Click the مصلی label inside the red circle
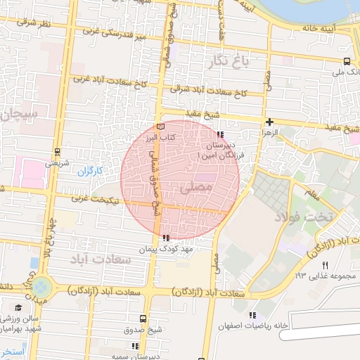195,188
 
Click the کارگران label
90,170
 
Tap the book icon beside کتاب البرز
161,125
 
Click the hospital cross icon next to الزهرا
270,122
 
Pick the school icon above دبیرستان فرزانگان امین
220,134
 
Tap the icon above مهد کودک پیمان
165,238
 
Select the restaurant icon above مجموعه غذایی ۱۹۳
325,265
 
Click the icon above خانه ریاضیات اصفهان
252,314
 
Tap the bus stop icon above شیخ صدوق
143,319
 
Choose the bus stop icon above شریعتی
56,151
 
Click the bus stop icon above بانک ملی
347,60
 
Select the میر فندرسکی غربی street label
112,33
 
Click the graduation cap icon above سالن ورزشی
18,307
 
